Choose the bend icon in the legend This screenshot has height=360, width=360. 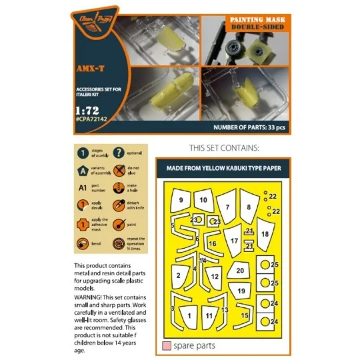[83, 244]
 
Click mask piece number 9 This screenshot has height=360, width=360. [181, 200]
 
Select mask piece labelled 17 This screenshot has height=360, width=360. [233, 241]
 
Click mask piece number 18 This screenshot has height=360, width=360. [265, 235]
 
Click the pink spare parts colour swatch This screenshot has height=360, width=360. [166, 346]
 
